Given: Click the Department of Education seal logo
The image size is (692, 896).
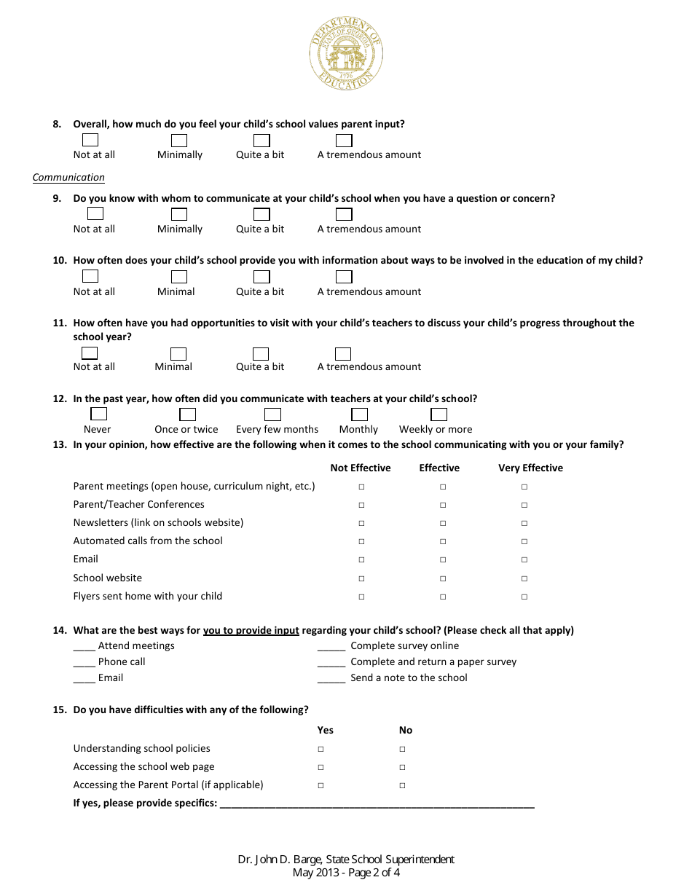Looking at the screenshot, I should coord(346,55).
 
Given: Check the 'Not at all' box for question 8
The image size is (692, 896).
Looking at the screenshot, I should coord(90,140).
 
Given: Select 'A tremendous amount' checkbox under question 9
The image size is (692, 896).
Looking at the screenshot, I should coord(344,214).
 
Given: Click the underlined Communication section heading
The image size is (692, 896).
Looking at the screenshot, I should coord(68,177).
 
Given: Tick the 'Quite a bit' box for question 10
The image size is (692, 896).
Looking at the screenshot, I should coord(262,277).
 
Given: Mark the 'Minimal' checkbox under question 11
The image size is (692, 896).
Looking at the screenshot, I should coord(178,354).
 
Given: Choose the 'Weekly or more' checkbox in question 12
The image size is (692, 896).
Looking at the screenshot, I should coord(439,414).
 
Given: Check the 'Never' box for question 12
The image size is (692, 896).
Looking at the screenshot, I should coord(99,414).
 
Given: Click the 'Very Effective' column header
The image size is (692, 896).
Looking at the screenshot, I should coord(530,468).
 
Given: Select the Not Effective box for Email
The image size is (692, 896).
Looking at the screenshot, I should coord(361,560).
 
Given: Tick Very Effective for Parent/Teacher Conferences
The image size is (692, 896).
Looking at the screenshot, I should coord(524,505).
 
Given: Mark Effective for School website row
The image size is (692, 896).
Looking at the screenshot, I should coord(443,578).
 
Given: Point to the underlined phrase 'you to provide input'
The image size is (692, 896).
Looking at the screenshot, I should coord(251,630).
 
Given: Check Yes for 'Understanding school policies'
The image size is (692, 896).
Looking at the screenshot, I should coord(321,749).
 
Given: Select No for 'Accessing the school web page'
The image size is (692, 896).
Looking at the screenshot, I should coord(402,767).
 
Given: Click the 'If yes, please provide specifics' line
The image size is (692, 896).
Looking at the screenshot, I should coord(377,804).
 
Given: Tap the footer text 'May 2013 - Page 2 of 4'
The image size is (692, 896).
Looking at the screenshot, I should coord(346,873).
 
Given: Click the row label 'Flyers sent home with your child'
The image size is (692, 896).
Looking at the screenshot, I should coord(147,596).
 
